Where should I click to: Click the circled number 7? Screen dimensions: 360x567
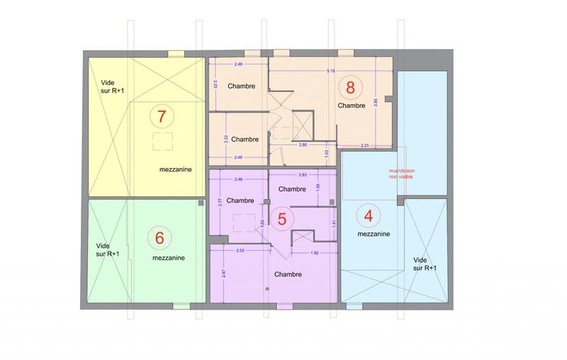coord(162,114)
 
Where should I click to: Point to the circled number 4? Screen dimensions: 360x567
coord(368,214)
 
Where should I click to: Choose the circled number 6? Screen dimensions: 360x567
coord(159,238)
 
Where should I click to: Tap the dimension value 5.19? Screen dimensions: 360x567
coord(331,71)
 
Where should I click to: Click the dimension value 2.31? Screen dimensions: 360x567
coord(365,145)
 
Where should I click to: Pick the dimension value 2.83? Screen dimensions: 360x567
coord(303,174)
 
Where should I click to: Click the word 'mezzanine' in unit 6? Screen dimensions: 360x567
coord(168,258)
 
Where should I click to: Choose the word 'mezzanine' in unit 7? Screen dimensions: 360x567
coord(173,170)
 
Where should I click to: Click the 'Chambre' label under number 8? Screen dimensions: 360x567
coord(351,105)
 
